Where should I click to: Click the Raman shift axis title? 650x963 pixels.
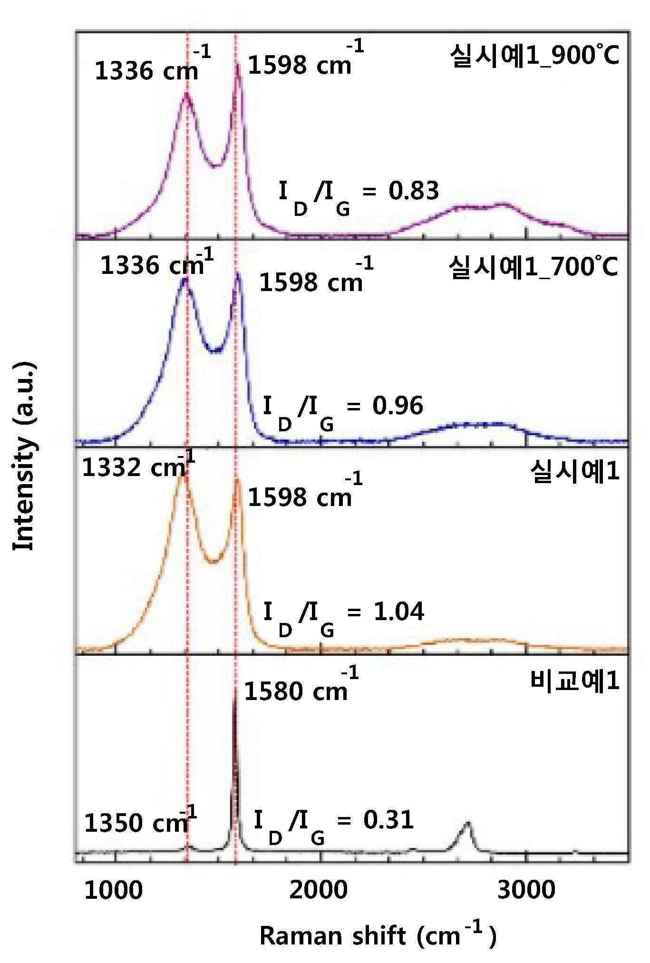coord(378,936)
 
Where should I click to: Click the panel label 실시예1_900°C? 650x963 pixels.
coord(535,58)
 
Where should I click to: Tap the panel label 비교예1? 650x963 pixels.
coord(574,681)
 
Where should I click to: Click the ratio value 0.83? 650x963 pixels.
coord(414,191)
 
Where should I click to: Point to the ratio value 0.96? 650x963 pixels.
coord(398,406)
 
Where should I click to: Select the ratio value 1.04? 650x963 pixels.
coord(399,612)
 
